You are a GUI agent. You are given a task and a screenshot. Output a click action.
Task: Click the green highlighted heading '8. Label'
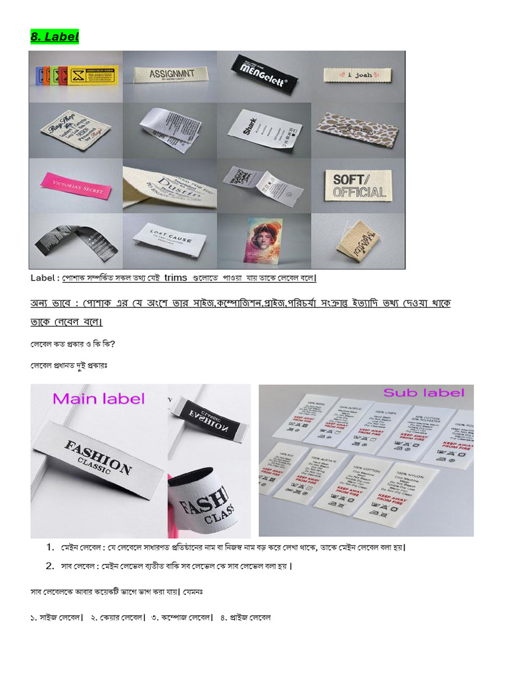coord(55,37)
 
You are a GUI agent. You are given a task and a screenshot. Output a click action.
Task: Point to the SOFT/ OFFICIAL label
coord(358,185)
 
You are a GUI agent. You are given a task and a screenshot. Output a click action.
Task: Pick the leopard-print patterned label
coord(356,125)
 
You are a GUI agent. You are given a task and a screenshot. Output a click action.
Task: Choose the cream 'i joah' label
coord(358,75)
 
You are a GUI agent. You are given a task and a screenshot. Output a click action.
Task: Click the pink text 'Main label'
coord(98,398)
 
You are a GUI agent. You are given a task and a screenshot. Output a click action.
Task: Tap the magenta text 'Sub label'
coord(423,393)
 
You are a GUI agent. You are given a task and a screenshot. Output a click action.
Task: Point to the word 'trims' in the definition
coord(176,277)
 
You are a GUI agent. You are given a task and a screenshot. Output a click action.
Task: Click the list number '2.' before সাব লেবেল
coord(50,566)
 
